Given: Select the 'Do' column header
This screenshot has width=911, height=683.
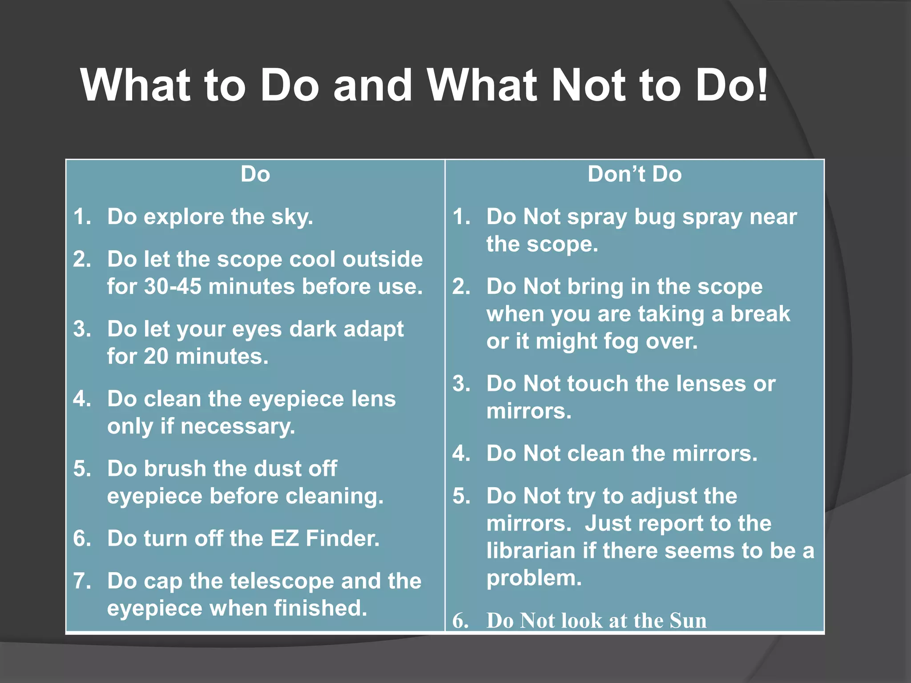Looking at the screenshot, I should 255,174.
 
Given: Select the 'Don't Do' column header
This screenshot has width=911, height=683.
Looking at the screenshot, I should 634,174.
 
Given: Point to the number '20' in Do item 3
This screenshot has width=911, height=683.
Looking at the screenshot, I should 156,356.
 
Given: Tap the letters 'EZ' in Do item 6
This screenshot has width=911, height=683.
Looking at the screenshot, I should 284,538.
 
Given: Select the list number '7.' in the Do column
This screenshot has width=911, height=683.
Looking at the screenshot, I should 82,581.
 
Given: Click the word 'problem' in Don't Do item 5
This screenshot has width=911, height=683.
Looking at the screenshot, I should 533,579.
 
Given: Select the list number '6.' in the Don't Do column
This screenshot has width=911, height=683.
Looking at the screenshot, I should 461,621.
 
